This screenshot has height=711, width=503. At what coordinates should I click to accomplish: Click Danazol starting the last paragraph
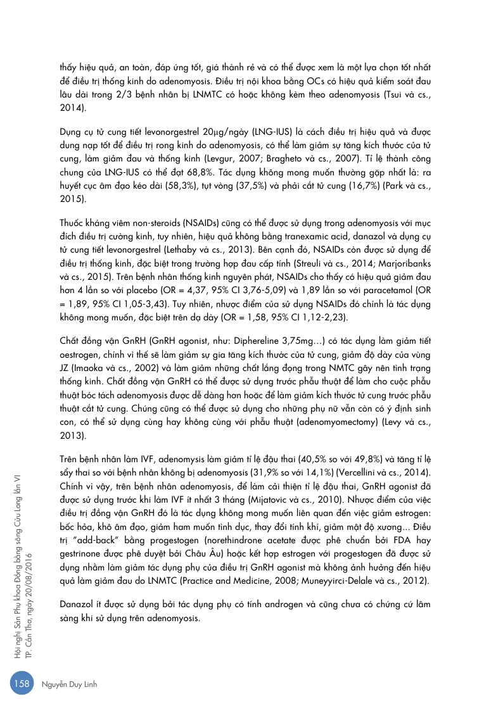click(78, 604)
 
